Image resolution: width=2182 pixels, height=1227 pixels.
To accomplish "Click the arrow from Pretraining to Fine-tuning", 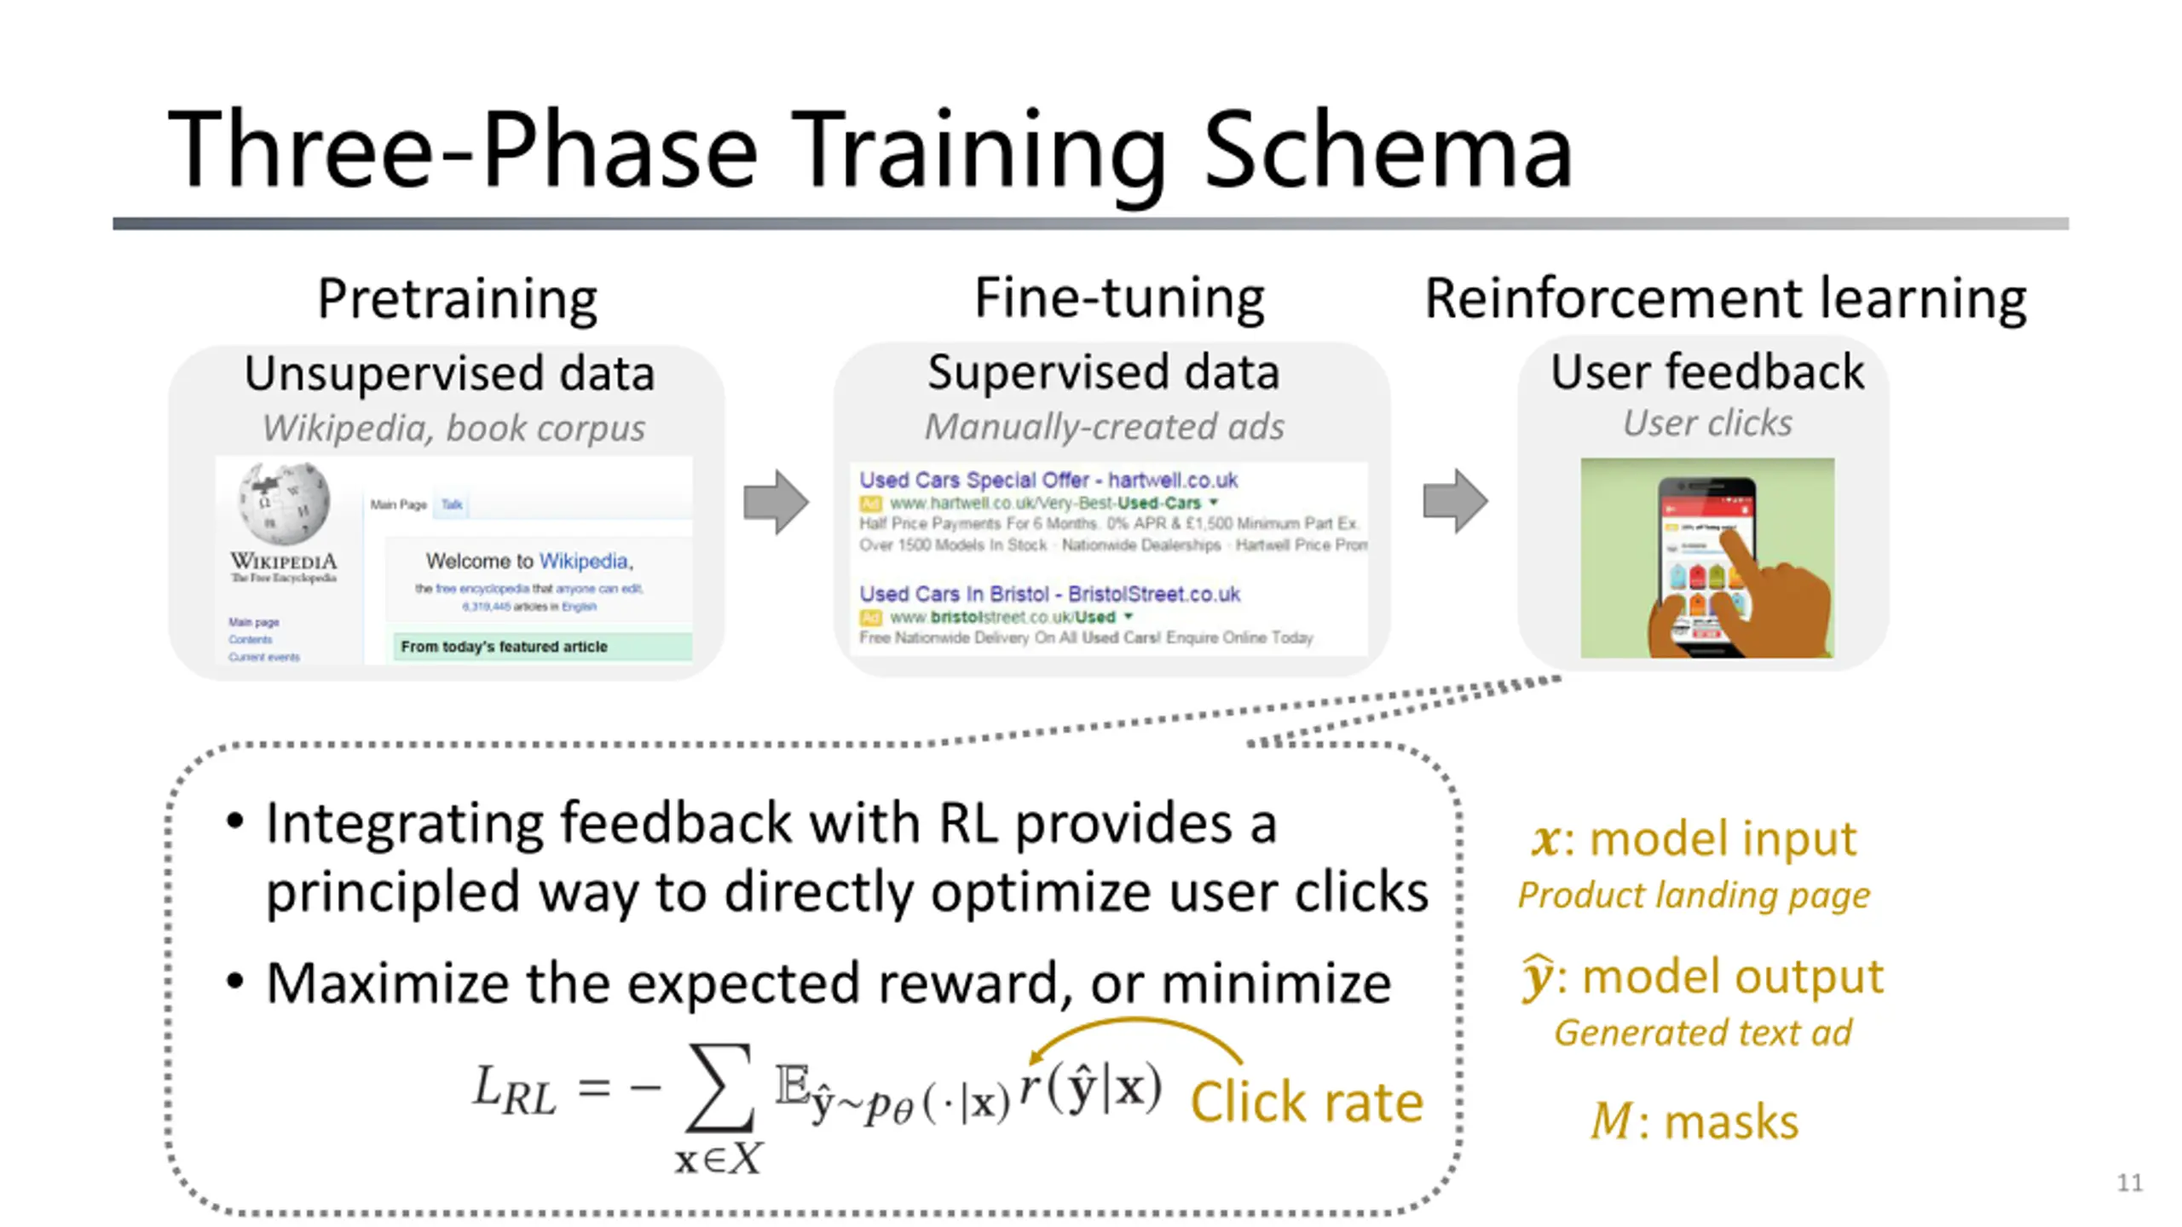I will (x=776, y=501).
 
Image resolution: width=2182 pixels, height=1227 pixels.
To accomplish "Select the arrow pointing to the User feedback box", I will (x=1455, y=501).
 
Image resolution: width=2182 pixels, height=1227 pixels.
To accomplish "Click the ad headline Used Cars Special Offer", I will (x=1048, y=480).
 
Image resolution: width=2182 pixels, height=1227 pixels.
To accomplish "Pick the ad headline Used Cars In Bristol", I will (x=1048, y=594).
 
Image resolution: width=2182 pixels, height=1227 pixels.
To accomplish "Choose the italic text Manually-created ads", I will (x=1105, y=426).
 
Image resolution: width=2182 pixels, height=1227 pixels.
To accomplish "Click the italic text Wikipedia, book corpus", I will (x=453, y=428).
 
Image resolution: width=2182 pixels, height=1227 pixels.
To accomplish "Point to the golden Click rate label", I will (x=1306, y=1102).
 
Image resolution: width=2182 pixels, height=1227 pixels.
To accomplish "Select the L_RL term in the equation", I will (x=514, y=1090).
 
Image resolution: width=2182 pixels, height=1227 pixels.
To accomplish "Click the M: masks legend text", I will (x=1694, y=1120).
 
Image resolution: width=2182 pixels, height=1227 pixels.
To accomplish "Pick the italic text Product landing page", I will (x=1694, y=895).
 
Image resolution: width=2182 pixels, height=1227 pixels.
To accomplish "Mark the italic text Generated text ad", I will (x=1702, y=1033).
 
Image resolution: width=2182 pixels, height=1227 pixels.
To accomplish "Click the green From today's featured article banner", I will (x=540, y=646).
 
